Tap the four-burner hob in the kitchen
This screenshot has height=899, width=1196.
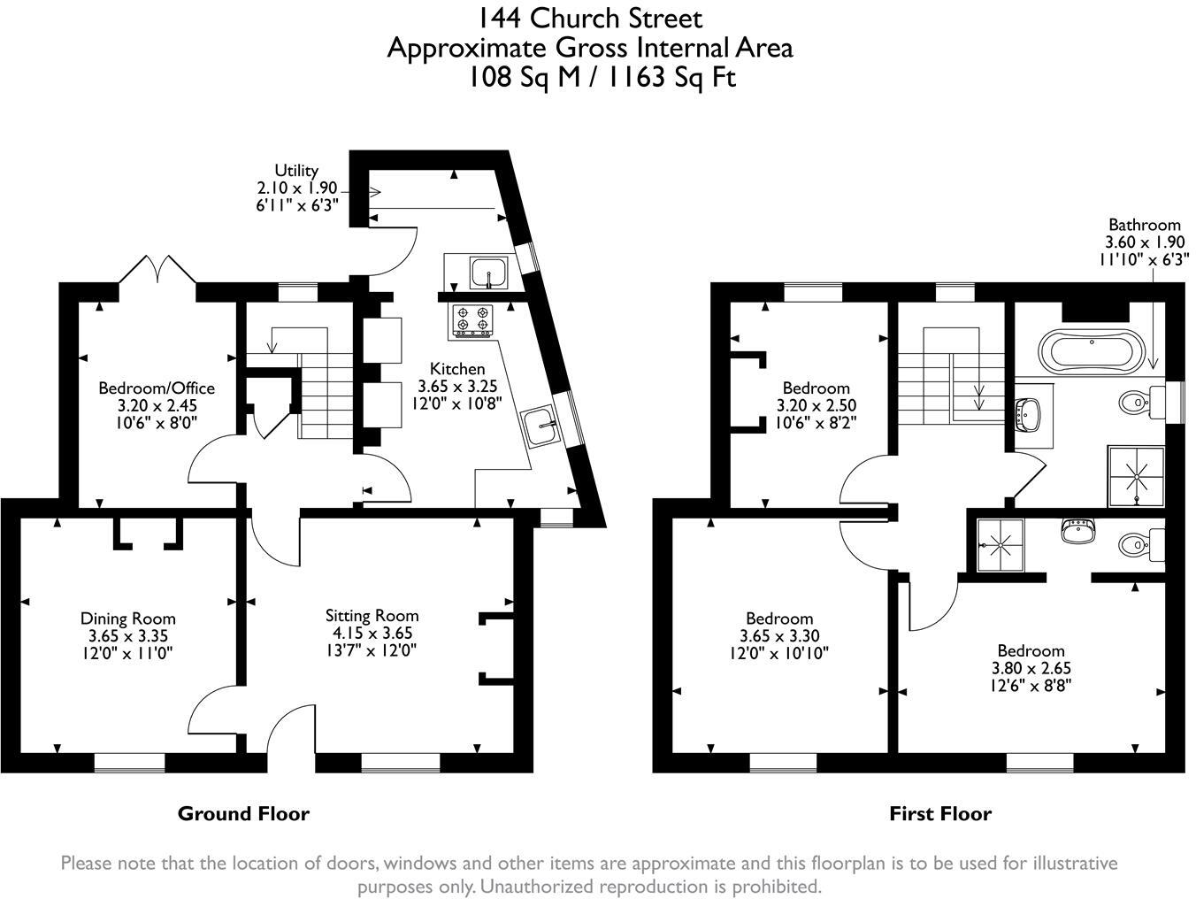(471, 320)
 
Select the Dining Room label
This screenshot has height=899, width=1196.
(128, 619)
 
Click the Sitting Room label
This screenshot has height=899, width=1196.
(372, 616)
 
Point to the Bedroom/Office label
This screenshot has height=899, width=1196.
(156, 388)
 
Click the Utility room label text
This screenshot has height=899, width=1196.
(296, 170)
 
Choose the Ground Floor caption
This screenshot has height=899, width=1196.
(243, 813)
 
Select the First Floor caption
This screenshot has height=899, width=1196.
(939, 813)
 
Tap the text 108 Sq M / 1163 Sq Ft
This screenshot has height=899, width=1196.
(602, 78)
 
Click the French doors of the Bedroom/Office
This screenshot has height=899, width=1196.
(157, 269)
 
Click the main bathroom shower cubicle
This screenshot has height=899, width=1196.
(1136, 477)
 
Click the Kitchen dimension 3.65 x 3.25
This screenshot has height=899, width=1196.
(457, 386)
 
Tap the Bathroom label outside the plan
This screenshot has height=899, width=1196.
(1144, 225)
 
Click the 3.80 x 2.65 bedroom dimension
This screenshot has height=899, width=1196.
(1031, 668)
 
